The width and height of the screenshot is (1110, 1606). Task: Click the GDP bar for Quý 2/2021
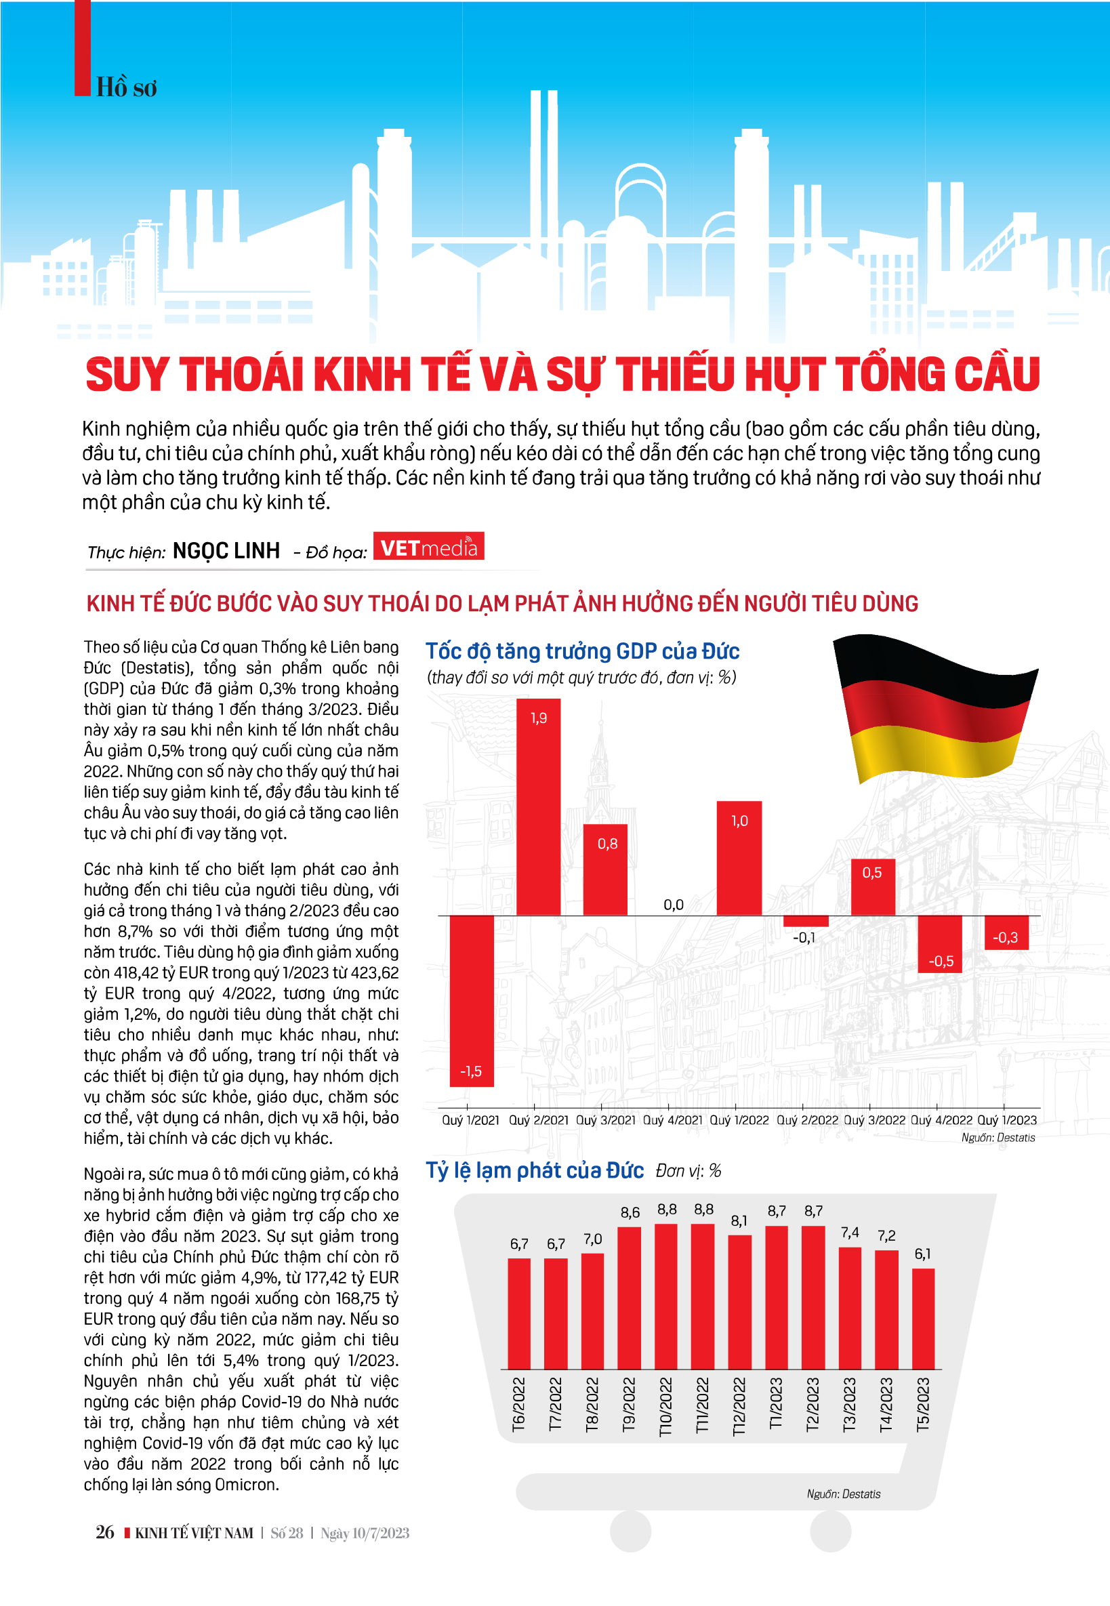point(538,807)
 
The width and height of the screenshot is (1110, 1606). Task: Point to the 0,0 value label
point(673,905)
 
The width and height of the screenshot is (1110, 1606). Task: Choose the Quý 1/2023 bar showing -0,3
point(1006,932)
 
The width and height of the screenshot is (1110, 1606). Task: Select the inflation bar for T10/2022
point(665,1296)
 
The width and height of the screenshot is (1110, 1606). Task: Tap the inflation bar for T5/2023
point(923,1319)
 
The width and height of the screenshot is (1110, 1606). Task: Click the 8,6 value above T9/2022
point(630,1212)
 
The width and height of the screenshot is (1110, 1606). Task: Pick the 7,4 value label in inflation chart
point(850,1233)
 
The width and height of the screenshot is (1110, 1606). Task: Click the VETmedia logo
point(428,547)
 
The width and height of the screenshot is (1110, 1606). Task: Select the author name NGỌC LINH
point(226,551)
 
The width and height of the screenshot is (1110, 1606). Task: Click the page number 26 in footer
point(104,1532)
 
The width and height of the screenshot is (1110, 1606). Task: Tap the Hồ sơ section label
point(126,88)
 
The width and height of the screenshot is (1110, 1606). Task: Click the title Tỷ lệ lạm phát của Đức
point(534,1170)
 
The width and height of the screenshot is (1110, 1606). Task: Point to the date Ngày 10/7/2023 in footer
point(365,1533)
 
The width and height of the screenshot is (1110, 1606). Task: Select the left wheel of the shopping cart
point(630,1530)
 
